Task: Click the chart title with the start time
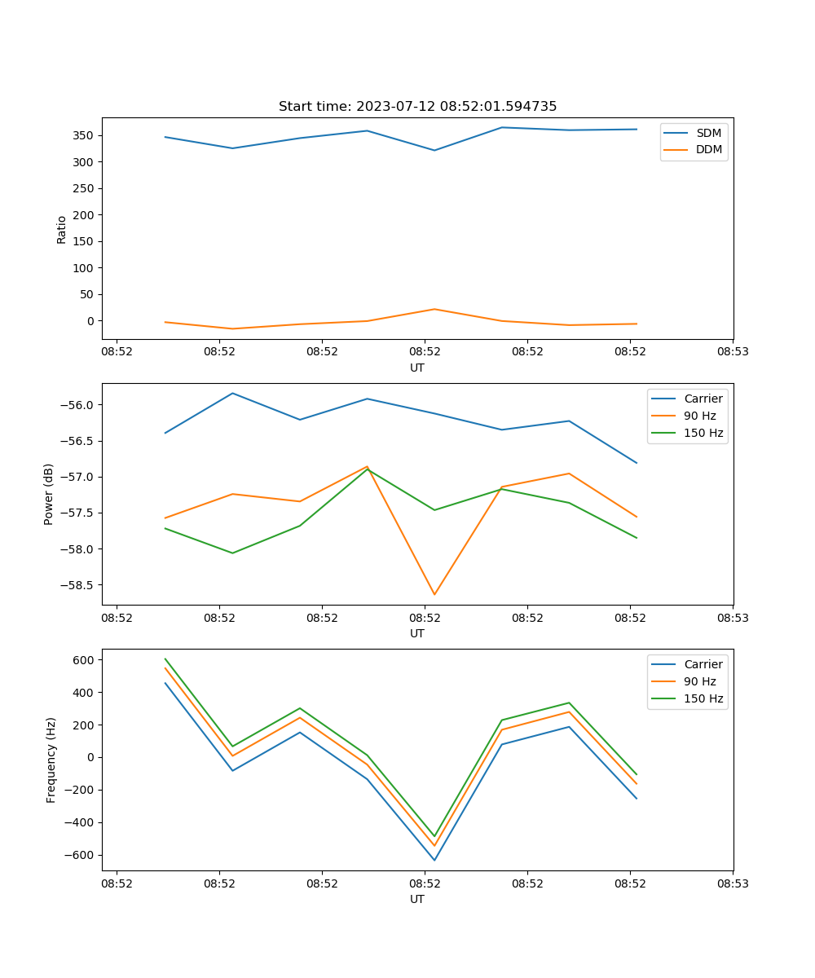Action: [417, 107]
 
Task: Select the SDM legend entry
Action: [708, 133]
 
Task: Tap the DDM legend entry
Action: [708, 149]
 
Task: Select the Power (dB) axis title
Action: [50, 494]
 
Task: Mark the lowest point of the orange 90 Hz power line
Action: [434, 594]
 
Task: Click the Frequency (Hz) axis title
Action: [51, 760]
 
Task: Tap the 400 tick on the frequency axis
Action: [84, 693]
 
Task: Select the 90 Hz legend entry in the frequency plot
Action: [700, 681]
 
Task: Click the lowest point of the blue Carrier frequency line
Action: [434, 860]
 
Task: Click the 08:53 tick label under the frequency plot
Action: [732, 883]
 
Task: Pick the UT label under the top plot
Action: [417, 368]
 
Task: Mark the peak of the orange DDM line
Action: [434, 309]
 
